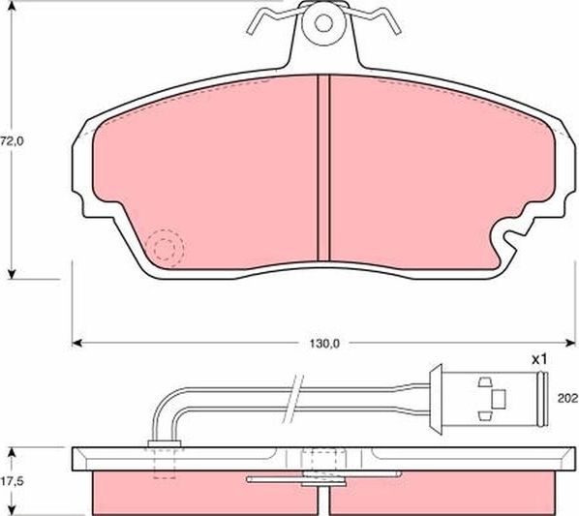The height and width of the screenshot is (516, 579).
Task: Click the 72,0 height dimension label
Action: [11, 141]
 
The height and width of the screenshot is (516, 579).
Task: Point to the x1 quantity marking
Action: [539, 359]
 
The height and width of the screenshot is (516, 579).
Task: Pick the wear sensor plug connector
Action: [493, 397]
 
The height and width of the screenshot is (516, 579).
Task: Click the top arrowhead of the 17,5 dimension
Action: [12, 452]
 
